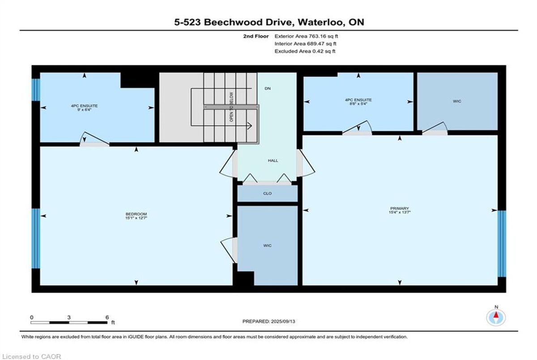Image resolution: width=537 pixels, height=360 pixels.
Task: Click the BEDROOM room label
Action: click(136, 214)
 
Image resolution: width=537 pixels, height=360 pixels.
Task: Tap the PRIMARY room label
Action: click(399, 208)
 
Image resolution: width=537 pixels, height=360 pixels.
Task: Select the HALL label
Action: click(273, 161)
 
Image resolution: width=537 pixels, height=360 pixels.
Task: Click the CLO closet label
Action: click(267, 193)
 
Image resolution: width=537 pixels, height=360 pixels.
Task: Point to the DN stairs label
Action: click(268, 89)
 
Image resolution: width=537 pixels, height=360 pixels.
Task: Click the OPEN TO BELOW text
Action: click(231, 107)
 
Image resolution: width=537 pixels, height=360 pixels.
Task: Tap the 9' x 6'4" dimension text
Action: click(84, 110)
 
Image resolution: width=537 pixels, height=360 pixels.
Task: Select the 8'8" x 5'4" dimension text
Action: click(358, 104)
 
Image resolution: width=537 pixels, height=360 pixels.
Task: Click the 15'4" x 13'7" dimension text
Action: click(399, 212)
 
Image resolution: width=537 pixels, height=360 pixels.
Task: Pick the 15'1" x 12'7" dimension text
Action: click(136, 218)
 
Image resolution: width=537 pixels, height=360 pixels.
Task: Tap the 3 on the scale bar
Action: click(69, 317)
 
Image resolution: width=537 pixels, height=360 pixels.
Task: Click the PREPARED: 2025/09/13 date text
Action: click(269, 322)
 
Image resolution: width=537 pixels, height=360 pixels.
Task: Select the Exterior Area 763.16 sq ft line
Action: click(306, 36)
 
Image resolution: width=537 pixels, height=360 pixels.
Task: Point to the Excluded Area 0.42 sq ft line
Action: click(305, 51)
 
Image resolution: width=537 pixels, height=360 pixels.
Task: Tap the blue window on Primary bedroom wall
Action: click(502, 244)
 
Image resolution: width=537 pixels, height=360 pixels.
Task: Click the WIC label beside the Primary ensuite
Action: click(457, 101)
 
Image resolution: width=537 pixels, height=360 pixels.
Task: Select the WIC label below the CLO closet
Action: click(267, 245)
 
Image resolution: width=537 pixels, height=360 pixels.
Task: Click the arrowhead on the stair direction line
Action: click(250, 126)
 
